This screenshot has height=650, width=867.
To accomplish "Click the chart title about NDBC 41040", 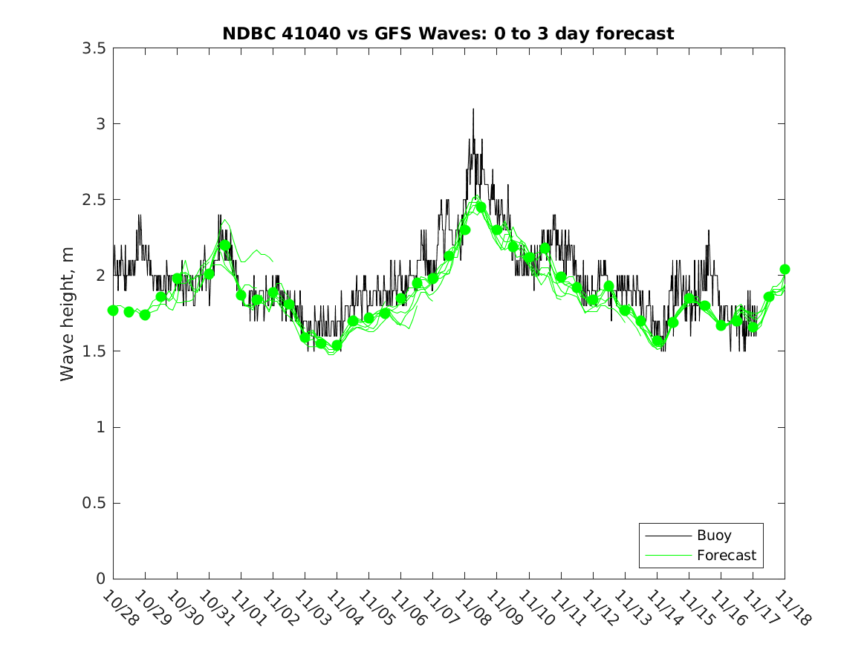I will pyautogui.click(x=448, y=33).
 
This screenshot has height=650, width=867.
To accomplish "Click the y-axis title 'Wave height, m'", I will pyautogui.click(x=68, y=314).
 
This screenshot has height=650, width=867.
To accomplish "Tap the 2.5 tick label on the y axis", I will pyautogui.click(x=93, y=200).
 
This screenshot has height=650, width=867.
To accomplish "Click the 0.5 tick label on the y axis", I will pyautogui.click(x=93, y=503).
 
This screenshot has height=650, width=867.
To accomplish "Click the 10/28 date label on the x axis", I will pyautogui.click(x=120, y=608).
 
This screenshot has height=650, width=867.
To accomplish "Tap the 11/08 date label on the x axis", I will pyautogui.click(x=471, y=608).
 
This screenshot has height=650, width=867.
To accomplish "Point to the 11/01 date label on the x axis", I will pyautogui.click(x=247, y=608).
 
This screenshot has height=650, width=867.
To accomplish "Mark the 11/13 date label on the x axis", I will pyautogui.click(x=631, y=608).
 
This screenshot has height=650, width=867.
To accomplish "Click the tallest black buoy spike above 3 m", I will pyautogui.click(x=473, y=111).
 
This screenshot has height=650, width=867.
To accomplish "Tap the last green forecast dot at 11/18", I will pyautogui.click(x=785, y=269).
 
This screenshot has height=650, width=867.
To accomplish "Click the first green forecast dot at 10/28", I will pyautogui.click(x=113, y=311).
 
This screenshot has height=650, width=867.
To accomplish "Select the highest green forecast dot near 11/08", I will pyautogui.click(x=481, y=207).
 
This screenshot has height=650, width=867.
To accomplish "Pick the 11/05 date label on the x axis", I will pyautogui.click(x=375, y=608).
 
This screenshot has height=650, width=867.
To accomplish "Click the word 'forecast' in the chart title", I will pyautogui.click(x=639, y=33).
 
